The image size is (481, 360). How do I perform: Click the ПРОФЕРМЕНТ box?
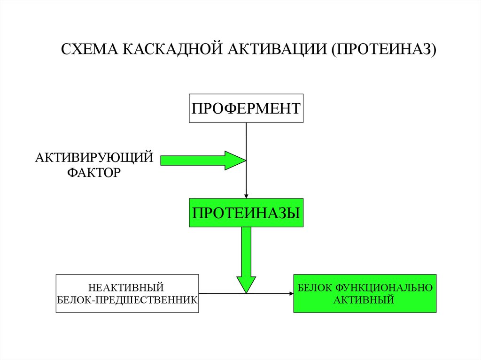tap(246, 108)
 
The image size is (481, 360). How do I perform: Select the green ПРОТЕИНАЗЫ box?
tap(246, 213)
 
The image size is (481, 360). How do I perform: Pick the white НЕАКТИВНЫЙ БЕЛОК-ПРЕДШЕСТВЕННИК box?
tap(127, 293)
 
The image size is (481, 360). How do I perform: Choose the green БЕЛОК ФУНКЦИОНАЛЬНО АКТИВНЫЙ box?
tap(365, 293)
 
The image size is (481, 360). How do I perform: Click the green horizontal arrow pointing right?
tap(197, 161)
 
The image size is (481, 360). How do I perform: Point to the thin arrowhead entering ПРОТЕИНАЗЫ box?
tap(246, 196)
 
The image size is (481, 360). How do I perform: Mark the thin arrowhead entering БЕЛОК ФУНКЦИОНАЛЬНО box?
tap(291, 294)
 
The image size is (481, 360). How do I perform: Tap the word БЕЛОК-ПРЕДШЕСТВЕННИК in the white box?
tap(127, 299)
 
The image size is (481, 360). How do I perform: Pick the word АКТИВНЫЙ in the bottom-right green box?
tap(364, 299)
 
